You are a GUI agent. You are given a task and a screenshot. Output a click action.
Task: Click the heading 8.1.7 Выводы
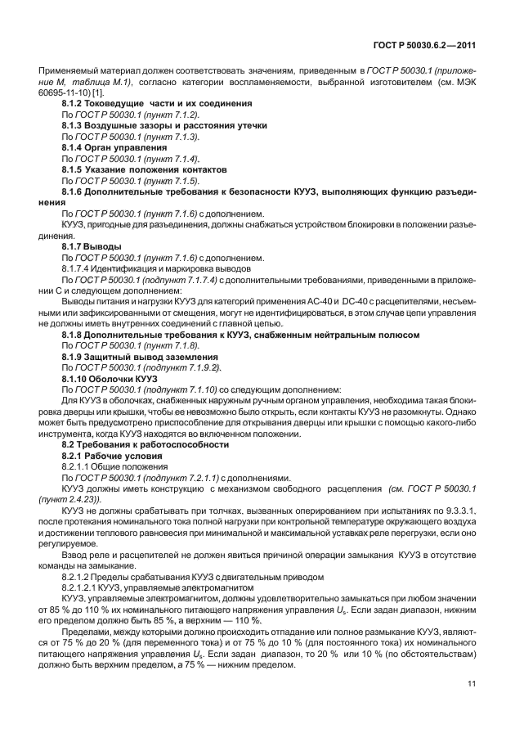click(92, 245)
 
